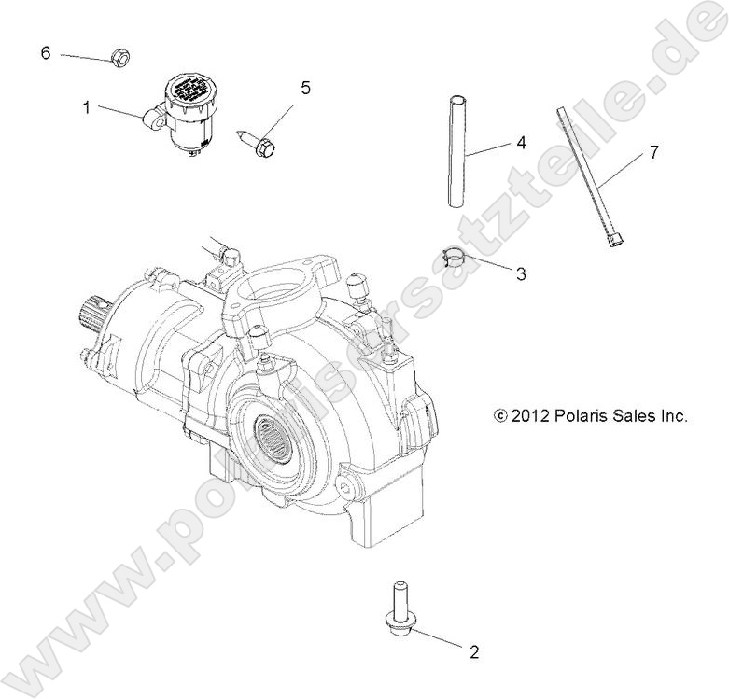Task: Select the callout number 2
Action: tap(473, 652)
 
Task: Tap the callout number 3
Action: tap(521, 273)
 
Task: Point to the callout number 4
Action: tap(521, 144)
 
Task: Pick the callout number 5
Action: tap(304, 89)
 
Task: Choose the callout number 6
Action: tap(45, 52)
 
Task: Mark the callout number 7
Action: tap(653, 152)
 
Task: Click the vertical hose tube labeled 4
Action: tap(457, 149)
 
